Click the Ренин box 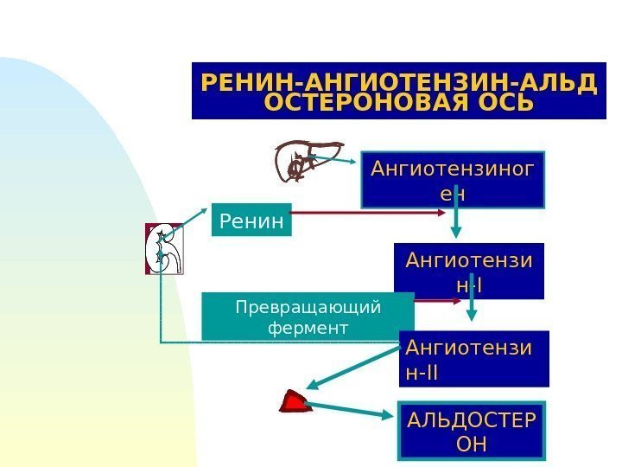(x=251, y=221)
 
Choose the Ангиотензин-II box (x=474, y=359)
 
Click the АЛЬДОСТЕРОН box (x=471, y=431)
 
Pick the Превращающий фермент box (x=308, y=317)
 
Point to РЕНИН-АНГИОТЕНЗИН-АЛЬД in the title (x=398, y=83)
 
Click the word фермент (x=308, y=329)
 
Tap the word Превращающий (x=308, y=306)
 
